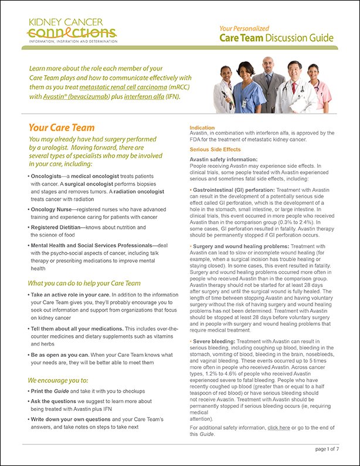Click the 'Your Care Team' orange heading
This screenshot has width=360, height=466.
click(62, 127)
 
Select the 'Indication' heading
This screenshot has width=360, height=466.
click(202, 127)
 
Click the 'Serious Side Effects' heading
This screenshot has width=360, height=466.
click(214, 150)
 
